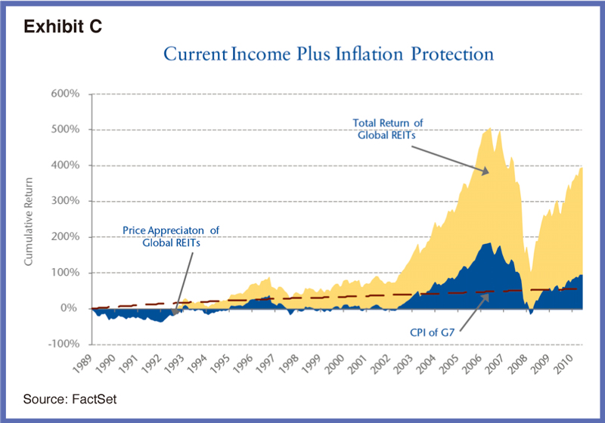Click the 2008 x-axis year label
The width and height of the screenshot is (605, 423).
pos(520,363)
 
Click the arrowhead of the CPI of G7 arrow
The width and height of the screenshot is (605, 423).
pos(488,294)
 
